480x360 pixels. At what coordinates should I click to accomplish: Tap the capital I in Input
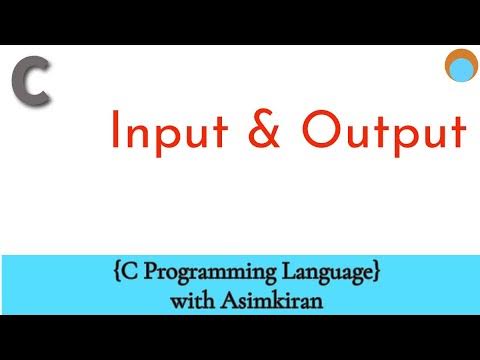coord(116,132)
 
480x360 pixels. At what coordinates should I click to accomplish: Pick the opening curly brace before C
coord(107,272)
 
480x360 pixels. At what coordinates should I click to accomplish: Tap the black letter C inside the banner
coord(120,271)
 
